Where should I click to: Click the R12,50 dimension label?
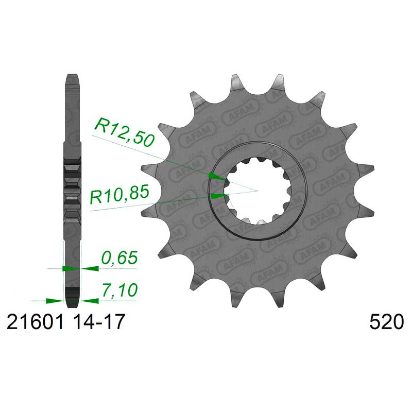tap(124, 132)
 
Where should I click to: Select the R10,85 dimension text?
tap(119, 195)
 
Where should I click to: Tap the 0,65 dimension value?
tap(119, 257)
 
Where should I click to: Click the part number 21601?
tap(35, 322)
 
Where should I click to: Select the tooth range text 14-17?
tap(98, 322)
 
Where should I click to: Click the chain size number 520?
tap(386, 322)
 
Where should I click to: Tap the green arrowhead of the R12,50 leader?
tap(217, 176)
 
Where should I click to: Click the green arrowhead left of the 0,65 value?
tap(90, 268)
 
